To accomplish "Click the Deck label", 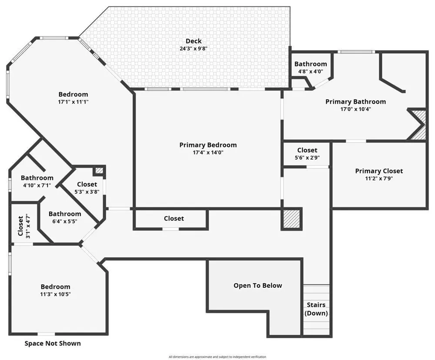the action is point(194,41).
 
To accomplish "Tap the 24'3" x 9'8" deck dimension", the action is point(194,49).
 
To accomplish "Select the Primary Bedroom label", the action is point(208,145).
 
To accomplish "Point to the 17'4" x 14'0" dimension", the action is point(208,152).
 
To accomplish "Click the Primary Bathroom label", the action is point(356,101).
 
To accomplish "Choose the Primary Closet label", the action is point(379,171).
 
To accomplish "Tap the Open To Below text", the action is point(258,285).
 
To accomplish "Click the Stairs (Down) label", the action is point(316,309).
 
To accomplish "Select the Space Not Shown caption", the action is point(53,343).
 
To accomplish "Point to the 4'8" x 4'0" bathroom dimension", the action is point(311,71).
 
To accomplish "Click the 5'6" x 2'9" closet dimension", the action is point(307,157).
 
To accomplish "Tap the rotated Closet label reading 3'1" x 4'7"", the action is point(23,226).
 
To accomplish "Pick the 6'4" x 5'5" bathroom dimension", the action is point(65,221).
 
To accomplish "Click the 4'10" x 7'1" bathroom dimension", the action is point(37,185).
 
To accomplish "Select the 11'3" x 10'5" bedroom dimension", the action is point(56,294).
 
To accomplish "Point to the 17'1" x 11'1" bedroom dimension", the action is point(73,102).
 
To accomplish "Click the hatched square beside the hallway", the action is point(291,219).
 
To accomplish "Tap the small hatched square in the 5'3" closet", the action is point(100,170).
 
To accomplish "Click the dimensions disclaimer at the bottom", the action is point(217,357).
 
